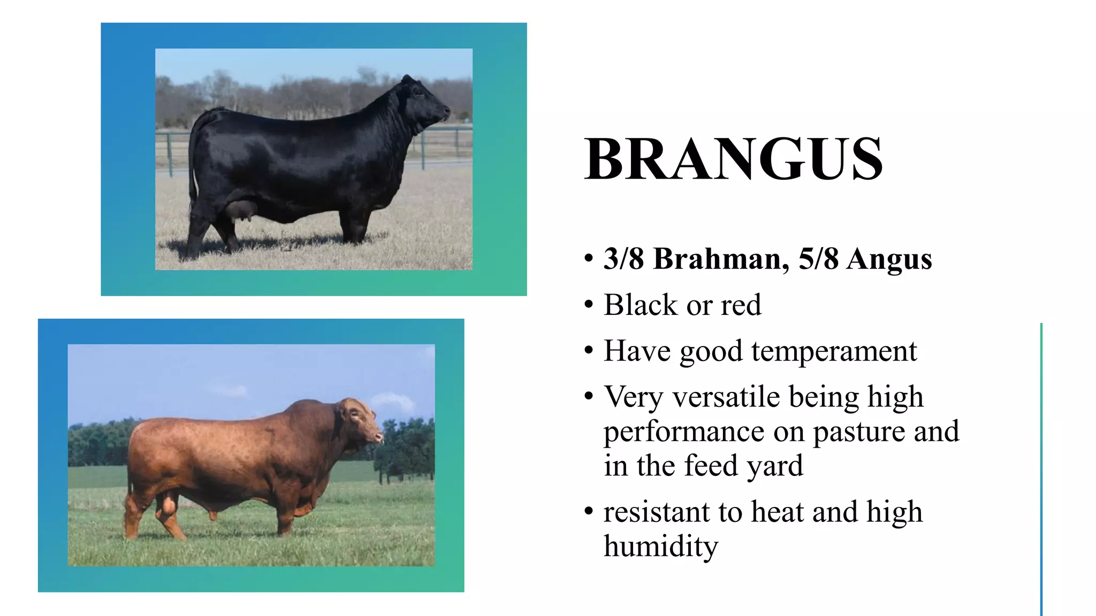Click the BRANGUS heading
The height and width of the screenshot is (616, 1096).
733,159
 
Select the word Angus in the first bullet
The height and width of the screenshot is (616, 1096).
889,259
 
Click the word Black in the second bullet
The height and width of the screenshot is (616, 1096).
641,305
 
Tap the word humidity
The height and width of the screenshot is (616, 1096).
660,546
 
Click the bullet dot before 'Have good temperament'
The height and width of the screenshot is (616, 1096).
589,351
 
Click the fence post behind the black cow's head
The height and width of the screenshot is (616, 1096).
422,150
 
